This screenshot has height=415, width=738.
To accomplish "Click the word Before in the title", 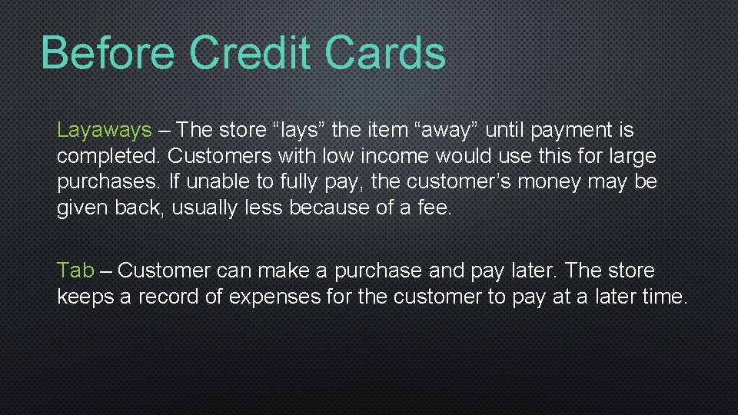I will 108,54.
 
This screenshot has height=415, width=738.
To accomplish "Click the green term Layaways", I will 105,131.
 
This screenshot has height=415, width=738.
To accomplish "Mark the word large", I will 628,157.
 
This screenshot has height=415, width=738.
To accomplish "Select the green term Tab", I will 75,271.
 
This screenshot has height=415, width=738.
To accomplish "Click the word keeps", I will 85,297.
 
